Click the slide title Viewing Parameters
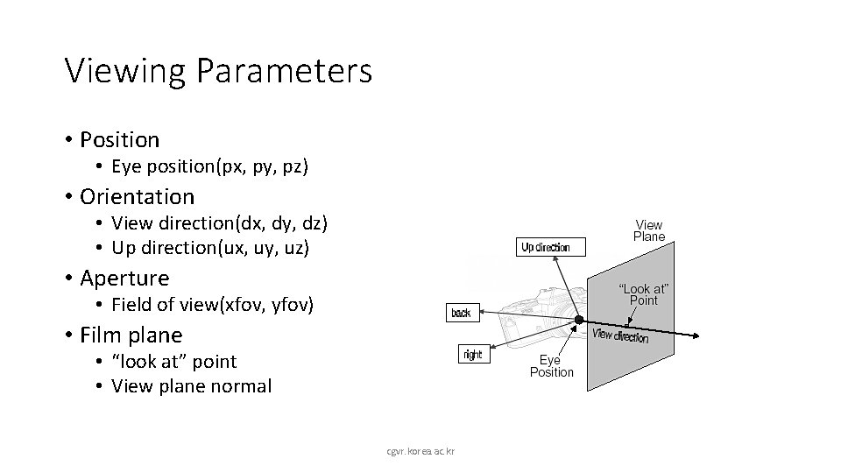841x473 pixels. coord(218,71)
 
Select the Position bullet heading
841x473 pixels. coord(119,139)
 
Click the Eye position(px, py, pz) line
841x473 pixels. coord(209,166)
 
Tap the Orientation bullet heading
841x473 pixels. coord(137,196)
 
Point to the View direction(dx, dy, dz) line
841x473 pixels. coord(219,223)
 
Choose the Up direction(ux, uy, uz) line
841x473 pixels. coord(210,248)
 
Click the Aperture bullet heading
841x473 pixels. coord(124,279)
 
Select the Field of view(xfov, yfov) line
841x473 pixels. coord(212,305)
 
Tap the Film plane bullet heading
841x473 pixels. coord(131,335)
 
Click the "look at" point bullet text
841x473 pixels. coord(174,361)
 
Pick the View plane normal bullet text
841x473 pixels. coord(191,385)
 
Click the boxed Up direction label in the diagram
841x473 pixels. coord(545,247)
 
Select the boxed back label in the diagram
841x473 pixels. coord(461,313)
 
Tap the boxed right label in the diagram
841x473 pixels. coord(472,355)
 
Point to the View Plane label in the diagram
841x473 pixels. coord(649,230)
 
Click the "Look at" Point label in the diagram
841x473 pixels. coord(643,294)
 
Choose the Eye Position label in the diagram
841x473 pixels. coord(551,366)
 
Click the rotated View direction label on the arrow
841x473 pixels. coord(621,335)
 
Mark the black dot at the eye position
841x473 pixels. coord(579,321)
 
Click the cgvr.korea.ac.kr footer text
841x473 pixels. coord(426,451)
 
